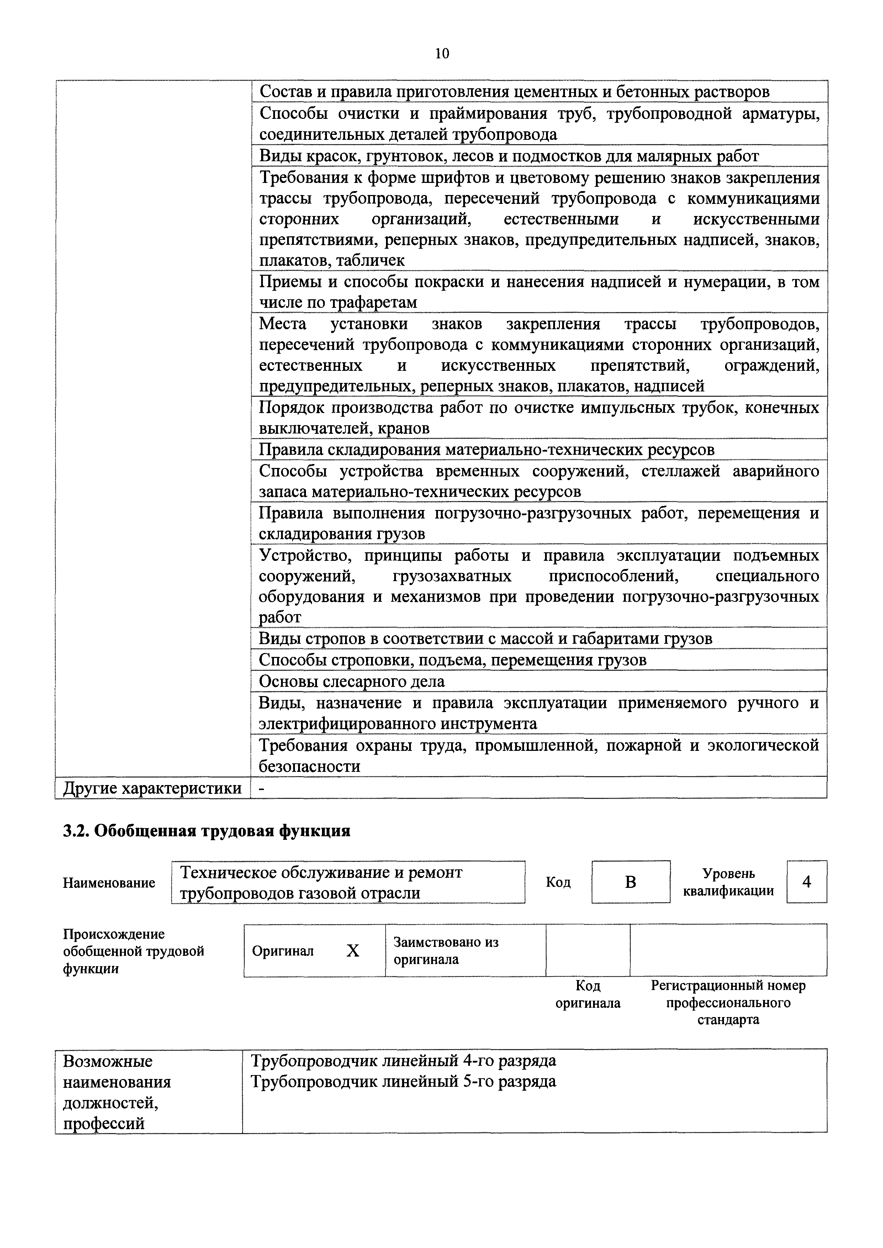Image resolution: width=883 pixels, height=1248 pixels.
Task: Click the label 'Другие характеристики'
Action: point(152,788)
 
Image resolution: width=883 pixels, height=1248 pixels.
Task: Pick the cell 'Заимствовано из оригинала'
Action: point(446,951)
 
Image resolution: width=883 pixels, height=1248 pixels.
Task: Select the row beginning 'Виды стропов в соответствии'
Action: point(485,638)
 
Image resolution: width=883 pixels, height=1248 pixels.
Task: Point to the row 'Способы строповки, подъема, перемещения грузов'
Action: point(453,660)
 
